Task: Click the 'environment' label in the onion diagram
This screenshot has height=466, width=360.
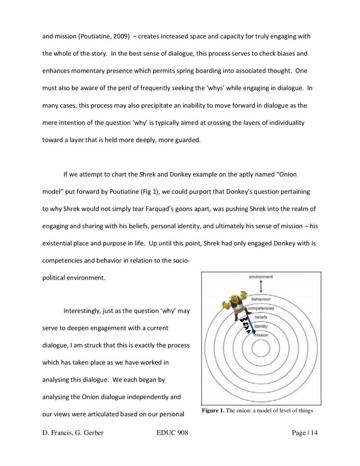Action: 261,276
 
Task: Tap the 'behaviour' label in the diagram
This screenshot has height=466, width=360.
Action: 261,299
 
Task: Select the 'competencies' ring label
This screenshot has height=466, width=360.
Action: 261,308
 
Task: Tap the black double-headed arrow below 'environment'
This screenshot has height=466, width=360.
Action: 261,286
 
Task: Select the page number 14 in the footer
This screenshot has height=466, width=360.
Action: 313,433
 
